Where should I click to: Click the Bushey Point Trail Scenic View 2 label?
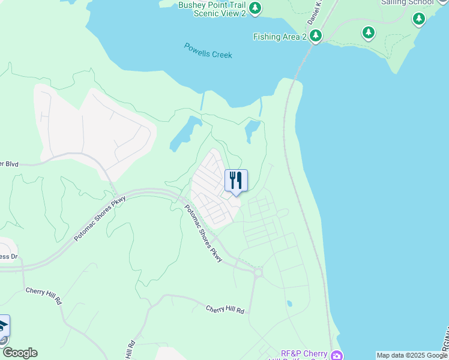click(x=212, y=9)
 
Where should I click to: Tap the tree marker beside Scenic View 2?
click(x=256, y=8)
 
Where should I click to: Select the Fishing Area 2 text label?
click(x=280, y=37)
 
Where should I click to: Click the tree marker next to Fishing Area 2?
click(x=315, y=36)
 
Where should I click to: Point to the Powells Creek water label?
click(x=208, y=50)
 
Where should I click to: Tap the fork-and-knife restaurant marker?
click(x=236, y=180)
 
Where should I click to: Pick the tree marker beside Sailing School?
click(x=419, y=19)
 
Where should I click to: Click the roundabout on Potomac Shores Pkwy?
click(x=259, y=273)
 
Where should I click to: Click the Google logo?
click(x=19, y=353)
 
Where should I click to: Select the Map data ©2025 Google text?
click(x=412, y=355)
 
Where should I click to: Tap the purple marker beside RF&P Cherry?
click(x=337, y=356)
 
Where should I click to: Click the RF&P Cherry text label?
click(x=304, y=353)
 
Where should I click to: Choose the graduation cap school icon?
click(x=3, y=326)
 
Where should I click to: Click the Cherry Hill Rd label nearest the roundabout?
click(x=225, y=310)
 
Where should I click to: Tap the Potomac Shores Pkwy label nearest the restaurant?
click(x=203, y=233)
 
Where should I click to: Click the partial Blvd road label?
click(x=10, y=163)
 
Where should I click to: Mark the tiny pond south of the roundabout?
click(x=289, y=304)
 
